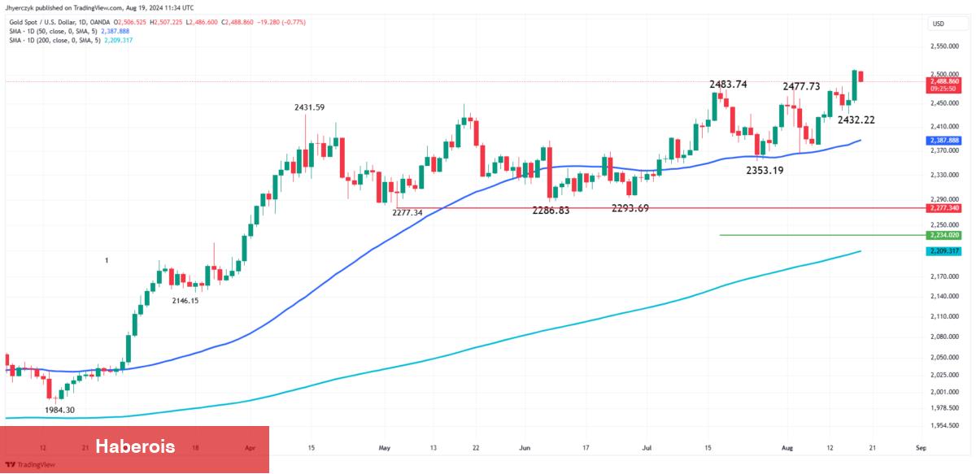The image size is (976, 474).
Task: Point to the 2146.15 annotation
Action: pyautogui.click(x=185, y=300)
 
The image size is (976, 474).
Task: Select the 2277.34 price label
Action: pyautogui.click(x=407, y=212)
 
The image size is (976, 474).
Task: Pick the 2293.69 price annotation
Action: pyautogui.click(x=630, y=208)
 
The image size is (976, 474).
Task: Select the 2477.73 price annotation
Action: pyautogui.click(x=801, y=86)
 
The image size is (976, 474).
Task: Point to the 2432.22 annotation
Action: pyautogui.click(x=856, y=120)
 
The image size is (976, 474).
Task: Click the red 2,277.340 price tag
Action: pyautogui.click(x=943, y=208)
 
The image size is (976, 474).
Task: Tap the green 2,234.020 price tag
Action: pyautogui.click(x=943, y=235)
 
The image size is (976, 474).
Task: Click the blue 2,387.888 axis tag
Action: pyautogui.click(x=943, y=140)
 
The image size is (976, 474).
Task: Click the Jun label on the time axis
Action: pyautogui.click(x=525, y=447)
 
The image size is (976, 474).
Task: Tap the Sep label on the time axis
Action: pyautogui.click(x=920, y=447)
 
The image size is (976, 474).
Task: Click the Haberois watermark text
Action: pyautogui.click(x=135, y=446)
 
